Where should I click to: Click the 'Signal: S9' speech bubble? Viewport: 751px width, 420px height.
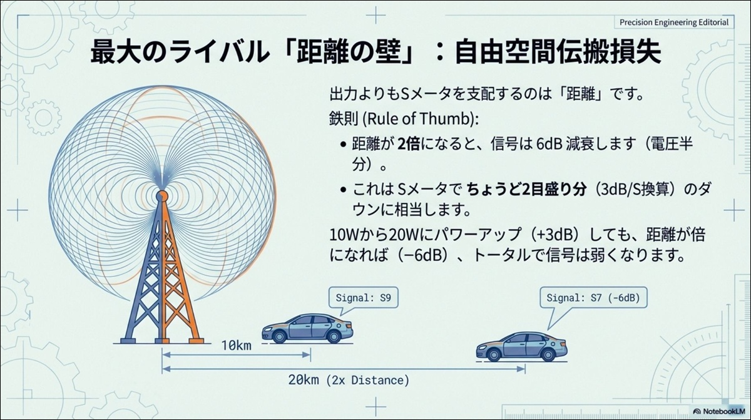[364, 298]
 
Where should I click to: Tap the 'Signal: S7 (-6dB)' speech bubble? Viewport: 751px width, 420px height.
[593, 298]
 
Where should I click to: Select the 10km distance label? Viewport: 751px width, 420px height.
[236, 346]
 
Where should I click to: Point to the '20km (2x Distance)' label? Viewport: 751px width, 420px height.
[349, 380]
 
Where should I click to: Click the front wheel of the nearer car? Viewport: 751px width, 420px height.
[279, 336]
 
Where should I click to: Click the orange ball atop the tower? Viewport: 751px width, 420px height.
[162, 195]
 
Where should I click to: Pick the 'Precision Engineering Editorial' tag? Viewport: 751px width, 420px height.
[674, 23]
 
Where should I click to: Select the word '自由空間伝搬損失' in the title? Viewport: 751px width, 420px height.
[558, 53]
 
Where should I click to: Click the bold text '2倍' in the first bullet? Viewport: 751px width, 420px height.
[408, 144]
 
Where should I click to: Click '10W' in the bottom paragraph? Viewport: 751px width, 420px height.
[345, 235]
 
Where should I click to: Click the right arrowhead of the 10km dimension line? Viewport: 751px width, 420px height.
[307, 355]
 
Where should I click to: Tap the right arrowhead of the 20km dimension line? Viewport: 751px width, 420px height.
[521, 369]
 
